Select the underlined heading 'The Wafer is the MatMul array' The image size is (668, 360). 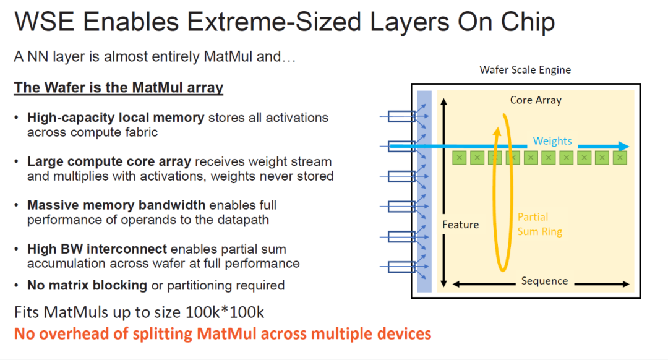pyautogui.click(x=118, y=88)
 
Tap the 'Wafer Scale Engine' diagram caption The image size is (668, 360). pyautogui.click(x=525, y=70)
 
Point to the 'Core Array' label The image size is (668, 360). pyautogui.click(x=536, y=100)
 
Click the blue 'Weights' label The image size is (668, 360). pyautogui.click(x=552, y=141)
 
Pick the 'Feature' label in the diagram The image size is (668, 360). pyautogui.click(x=460, y=225)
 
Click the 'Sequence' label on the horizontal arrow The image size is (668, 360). pyautogui.click(x=544, y=281)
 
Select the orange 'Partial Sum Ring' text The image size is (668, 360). pyautogui.click(x=540, y=224)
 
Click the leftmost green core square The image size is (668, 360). pyautogui.click(x=459, y=158)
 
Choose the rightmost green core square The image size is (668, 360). pyautogui.click(x=620, y=158)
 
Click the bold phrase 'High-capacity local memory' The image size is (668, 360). pyautogui.click(x=116, y=118)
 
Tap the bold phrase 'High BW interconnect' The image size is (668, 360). pyautogui.click(x=97, y=249)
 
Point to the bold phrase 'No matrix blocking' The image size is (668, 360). pyautogui.click(x=87, y=285)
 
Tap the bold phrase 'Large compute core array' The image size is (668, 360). pyautogui.click(x=109, y=162)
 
